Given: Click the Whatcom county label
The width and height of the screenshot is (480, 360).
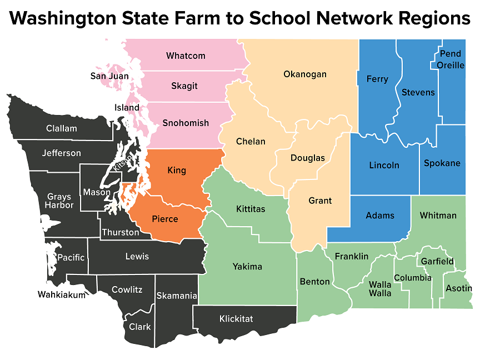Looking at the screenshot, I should tap(186, 56).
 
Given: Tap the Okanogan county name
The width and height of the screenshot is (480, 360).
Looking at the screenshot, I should tap(305, 74).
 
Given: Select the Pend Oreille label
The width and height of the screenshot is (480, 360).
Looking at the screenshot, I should tap(451, 59).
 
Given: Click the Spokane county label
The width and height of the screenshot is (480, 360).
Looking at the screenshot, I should tap(442, 163).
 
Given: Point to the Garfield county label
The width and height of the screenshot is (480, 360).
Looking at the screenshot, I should tap(437, 261).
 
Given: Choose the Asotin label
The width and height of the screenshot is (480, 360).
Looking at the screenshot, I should tap(459, 288).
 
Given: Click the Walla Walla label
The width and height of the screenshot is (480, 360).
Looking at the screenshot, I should tap(381, 288).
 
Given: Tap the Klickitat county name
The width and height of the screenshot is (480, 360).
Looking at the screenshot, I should tap(236, 319).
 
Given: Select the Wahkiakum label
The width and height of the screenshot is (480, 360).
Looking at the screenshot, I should tap(62, 294).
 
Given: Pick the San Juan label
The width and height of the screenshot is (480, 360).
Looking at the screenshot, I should tap(110, 76).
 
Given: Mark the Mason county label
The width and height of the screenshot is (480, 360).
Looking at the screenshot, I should tap(97, 192).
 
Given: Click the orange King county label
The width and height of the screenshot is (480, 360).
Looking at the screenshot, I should tap(177, 170).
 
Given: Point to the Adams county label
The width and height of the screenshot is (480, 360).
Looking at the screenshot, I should tap(380, 216).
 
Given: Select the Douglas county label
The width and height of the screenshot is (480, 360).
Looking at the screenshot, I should tap(308, 158).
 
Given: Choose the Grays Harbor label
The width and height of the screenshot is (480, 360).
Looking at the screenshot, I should tap(60, 201).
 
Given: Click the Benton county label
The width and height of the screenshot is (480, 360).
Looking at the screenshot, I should tap(314, 282).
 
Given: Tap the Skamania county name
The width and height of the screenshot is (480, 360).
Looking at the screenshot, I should tap(177, 296).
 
